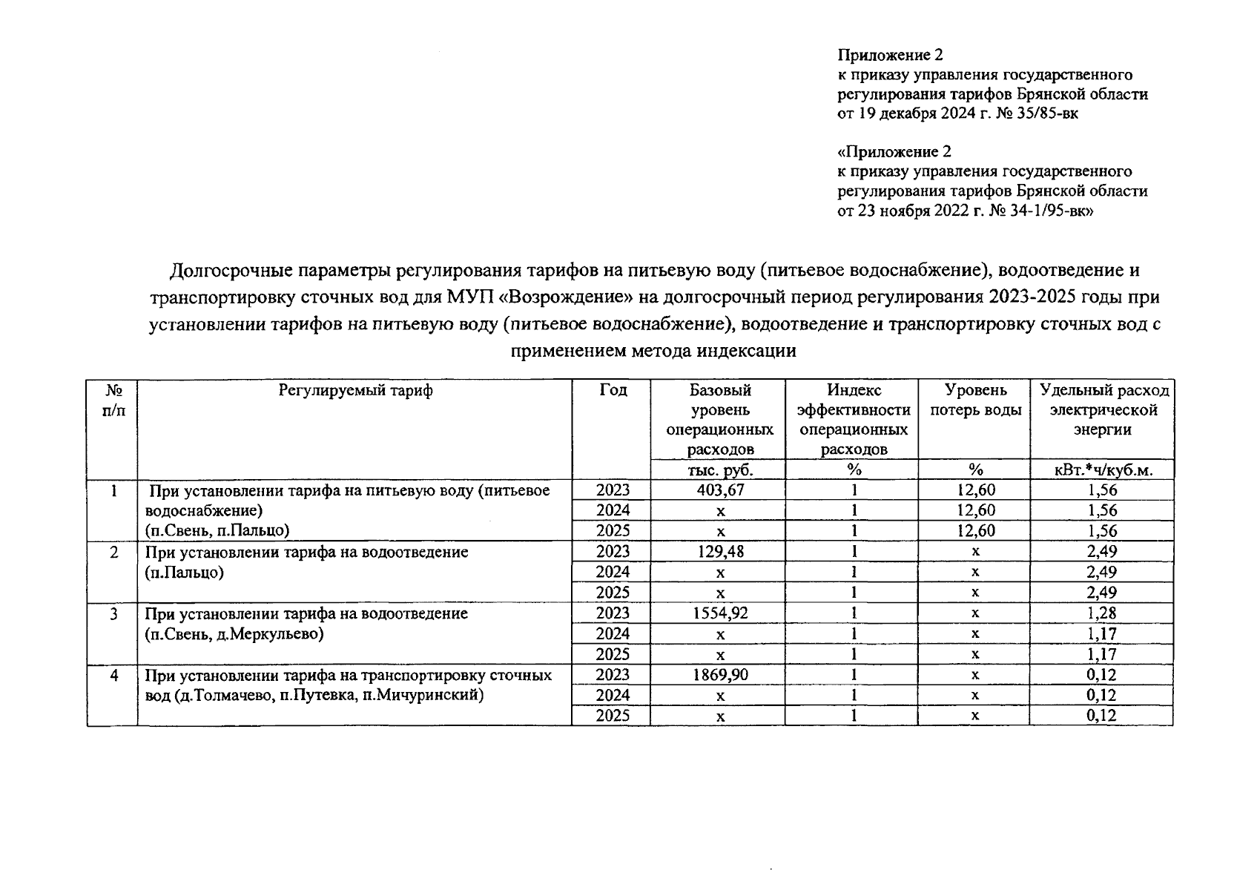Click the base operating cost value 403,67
(x=719, y=490)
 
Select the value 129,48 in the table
(x=719, y=552)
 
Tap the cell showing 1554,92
(x=719, y=613)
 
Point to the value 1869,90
(x=719, y=675)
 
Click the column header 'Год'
(x=613, y=390)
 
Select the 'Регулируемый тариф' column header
(x=355, y=390)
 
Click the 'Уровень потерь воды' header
(x=975, y=400)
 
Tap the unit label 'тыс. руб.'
(x=719, y=469)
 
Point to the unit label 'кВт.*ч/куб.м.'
(x=1103, y=469)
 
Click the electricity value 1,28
(x=1102, y=613)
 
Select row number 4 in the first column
(x=113, y=676)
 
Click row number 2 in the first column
(x=113, y=553)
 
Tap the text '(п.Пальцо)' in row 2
(x=185, y=573)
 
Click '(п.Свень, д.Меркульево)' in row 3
(x=234, y=634)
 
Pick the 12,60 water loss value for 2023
(x=976, y=490)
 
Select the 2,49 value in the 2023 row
(x=1102, y=552)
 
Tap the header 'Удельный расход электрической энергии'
(x=1103, y=409)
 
